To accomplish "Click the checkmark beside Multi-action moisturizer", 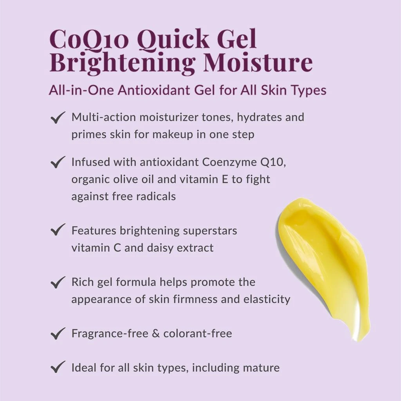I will (58, 117).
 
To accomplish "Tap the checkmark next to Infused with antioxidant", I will (58, 162).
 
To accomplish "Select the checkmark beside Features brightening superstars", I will (58, 230).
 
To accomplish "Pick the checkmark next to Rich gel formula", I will (58, 282).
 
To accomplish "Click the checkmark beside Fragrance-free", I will (58, 334).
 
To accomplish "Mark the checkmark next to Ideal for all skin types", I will (58, 368).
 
